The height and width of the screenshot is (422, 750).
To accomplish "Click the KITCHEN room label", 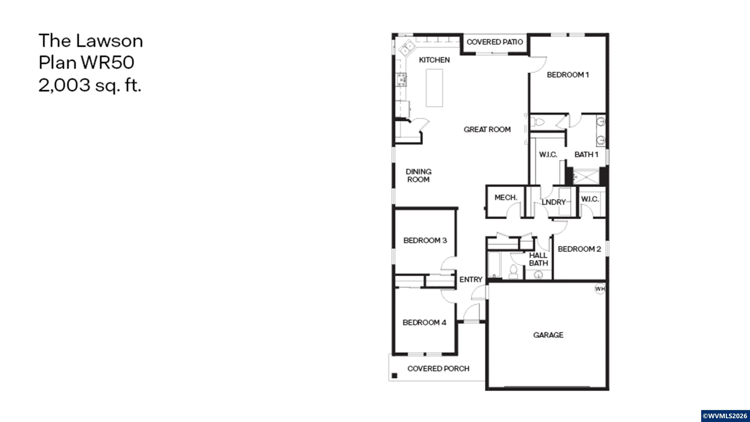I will (434, 60).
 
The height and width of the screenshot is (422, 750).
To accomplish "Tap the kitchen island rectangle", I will (434, 88).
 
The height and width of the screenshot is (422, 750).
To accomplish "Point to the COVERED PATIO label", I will (495, 42).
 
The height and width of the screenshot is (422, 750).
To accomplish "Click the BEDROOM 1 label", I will (568, 75).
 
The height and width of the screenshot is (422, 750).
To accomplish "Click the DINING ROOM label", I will (418, 176).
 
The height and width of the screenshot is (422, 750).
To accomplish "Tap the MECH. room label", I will (506, 198).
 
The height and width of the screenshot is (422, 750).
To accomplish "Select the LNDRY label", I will (553, 202).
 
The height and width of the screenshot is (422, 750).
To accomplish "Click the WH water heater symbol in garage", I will (600, 289).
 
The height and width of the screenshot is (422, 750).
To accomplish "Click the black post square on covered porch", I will (395, 375).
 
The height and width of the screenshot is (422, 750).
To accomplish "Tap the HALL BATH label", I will (538, 259).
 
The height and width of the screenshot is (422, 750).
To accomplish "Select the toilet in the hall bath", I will (513, 271).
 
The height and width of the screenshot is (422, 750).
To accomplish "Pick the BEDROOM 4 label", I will (424, 322).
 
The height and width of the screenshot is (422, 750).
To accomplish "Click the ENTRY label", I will (471, 279).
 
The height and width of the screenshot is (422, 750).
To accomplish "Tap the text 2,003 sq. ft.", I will (90, 85).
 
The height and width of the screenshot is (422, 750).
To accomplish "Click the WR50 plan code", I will (107, 62).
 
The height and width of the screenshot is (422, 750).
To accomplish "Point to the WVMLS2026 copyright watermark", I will (725, 416).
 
